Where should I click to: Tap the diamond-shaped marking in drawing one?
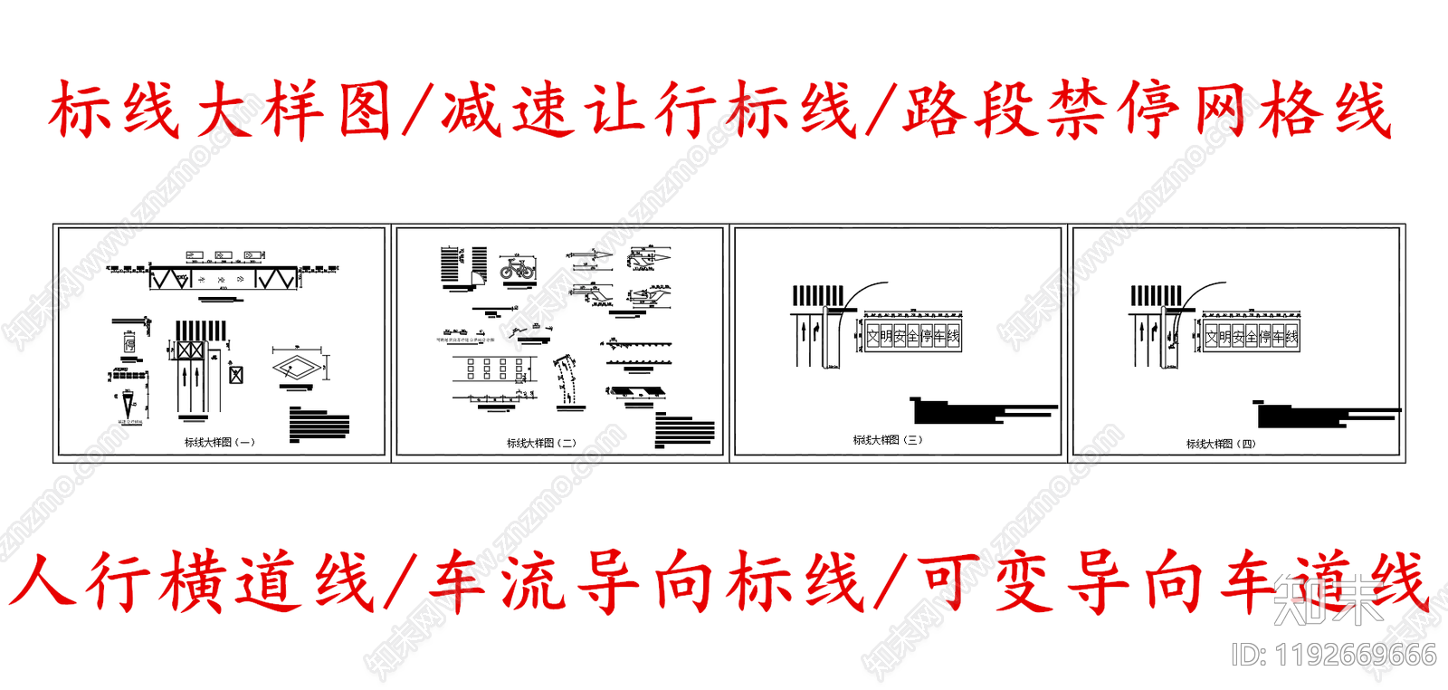pyautogui.click(x=297, y=367)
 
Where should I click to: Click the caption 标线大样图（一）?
pyautogui.click(x=220, y=443)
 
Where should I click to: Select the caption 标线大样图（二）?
pyautogui.click(x=541, y=444)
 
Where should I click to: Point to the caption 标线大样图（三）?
pyautogui.click(x=887, y=440)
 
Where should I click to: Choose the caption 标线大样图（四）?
pyautogui.click(x=1221, y=444)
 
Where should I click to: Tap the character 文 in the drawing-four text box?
pyautogui.click(x=1211, y=337)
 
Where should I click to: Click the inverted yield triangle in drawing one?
pyautogui.click(x=129, y=405)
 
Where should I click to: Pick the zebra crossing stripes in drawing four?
pyautogui.click(x=1156, y=295)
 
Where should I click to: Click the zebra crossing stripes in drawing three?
pyautogui.click(x=818, y=295)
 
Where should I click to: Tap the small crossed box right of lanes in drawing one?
pyautogui.click(x=236, y=373)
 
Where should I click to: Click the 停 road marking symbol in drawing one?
pyautogui.click(x=129, y=344)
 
